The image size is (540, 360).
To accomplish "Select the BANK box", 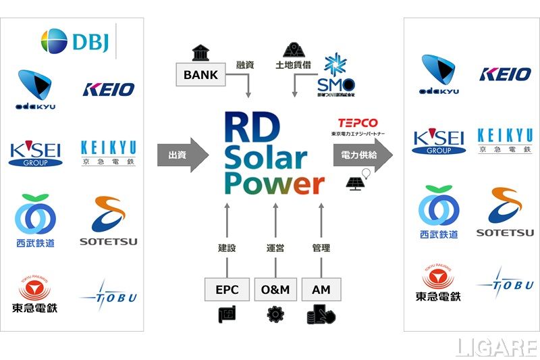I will click(x=201, y=74).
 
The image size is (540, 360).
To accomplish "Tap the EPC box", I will click(x=227, y=289).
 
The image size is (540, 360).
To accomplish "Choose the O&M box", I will click(x=275, y=289).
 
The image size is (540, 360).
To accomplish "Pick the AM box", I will click(x=321, y=289).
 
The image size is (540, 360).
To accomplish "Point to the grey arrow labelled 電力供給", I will click(x=362, y=155).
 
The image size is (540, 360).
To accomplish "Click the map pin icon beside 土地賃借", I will click(x=292, y=49).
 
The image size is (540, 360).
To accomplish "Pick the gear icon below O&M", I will click(x=275, y=314).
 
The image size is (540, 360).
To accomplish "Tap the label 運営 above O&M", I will click(x=275, y=248).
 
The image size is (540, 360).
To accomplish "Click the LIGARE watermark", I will click(x=496, y=346).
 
